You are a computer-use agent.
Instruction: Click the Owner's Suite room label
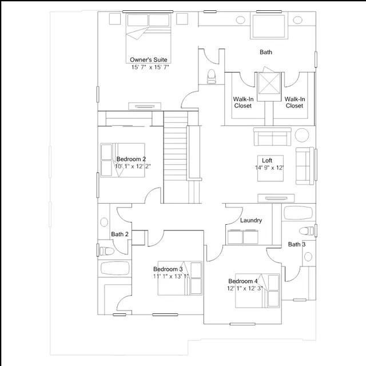[x=149, y=59]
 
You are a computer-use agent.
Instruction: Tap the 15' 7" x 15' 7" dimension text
[x=150, y=67]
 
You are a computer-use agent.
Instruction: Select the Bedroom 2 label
[x=131, y=159]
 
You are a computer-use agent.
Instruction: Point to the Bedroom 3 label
[x=168, y=269]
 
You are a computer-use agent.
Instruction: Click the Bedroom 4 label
[x=243, y=281]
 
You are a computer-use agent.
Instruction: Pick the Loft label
[x=267, y=160]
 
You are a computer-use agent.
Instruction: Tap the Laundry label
[x=251, y=220]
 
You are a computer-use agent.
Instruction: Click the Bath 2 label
[x=120, y=234]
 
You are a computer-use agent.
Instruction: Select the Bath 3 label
[x=297, y=244]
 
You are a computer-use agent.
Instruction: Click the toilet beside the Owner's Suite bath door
[x=212, y=76]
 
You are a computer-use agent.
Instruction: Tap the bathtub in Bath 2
[x=115, y=268]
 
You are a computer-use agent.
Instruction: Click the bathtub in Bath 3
[x=298, y=213]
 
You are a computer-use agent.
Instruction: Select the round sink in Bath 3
[x=308, y=257]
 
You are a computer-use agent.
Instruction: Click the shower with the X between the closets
[x=269, y=83]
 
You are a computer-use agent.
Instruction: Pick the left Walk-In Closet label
[x=243, y=102]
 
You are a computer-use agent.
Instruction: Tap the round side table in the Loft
[x=302, y=135]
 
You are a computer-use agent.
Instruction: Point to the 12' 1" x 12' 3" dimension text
[x=245, y=288]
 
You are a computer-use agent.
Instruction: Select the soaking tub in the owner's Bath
[x=269, y=26]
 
